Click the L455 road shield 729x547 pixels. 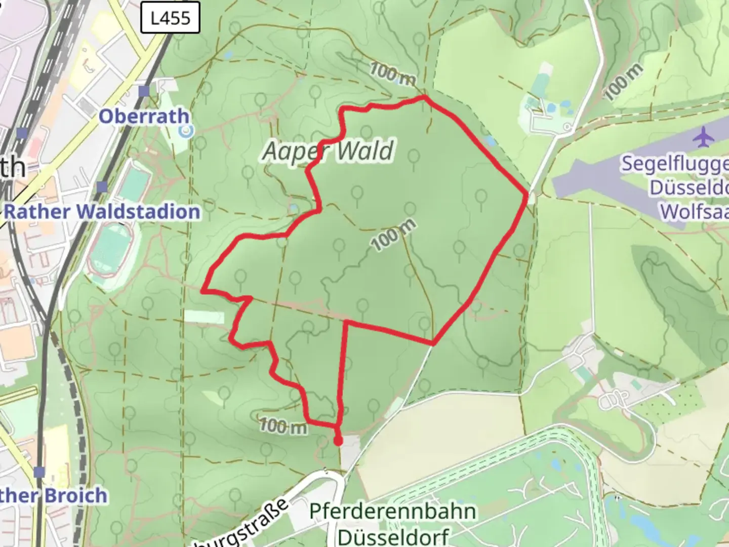point(171,19)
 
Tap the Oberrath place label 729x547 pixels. point(144,116)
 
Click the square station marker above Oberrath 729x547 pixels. point(144,91)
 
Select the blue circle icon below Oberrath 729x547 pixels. point(187,131)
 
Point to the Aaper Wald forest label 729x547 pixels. point(328,151)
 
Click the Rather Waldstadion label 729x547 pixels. point(102,211)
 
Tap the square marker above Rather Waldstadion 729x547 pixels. point(102,187)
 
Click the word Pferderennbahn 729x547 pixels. point(392,511)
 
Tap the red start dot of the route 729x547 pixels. point(338,441)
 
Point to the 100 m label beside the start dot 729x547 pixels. point(283,426)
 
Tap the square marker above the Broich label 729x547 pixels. point(39,472)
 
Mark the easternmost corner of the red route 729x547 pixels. point(527,193)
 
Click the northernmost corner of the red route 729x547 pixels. point(424,97)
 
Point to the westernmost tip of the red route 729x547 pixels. point(202,291)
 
